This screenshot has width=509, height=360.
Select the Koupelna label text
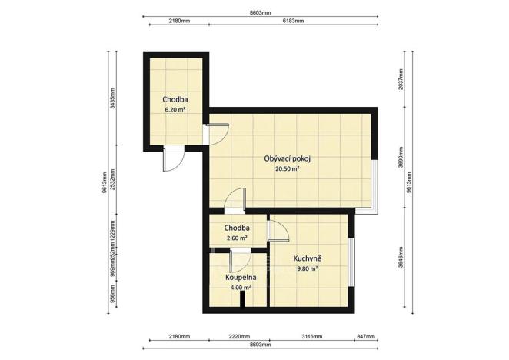(x=241, y=277)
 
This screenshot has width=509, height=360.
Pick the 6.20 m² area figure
(x=175, y=110)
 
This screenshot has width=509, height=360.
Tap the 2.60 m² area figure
(x=236, y=238)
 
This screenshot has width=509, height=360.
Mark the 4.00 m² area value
(x=241, y=288)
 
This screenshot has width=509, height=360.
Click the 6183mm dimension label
(x=292, y=22)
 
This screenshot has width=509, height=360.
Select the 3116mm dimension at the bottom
(x=308, y=337)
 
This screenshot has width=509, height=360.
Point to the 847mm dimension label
(x=365, y=337)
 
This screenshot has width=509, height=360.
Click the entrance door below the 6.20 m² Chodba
(x=172, y=158)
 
